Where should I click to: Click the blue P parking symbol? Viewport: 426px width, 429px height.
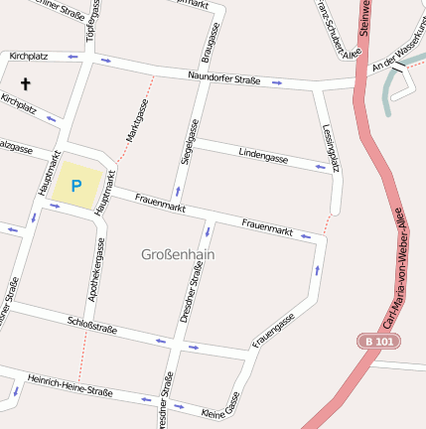tap(76, 185)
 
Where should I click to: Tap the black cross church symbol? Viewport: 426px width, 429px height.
tap(26, 84)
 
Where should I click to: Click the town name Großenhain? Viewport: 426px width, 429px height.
tap(179, 255)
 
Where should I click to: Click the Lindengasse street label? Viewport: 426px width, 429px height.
tap(263, 155)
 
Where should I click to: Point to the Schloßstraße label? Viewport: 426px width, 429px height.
tap(92, 324)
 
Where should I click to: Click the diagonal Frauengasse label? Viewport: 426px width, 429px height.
tap(274, 331)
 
